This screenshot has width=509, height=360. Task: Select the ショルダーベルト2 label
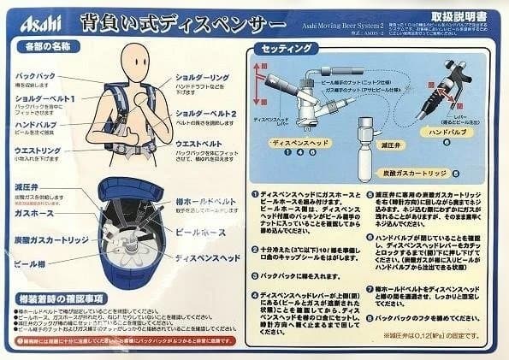tap(207, 114)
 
